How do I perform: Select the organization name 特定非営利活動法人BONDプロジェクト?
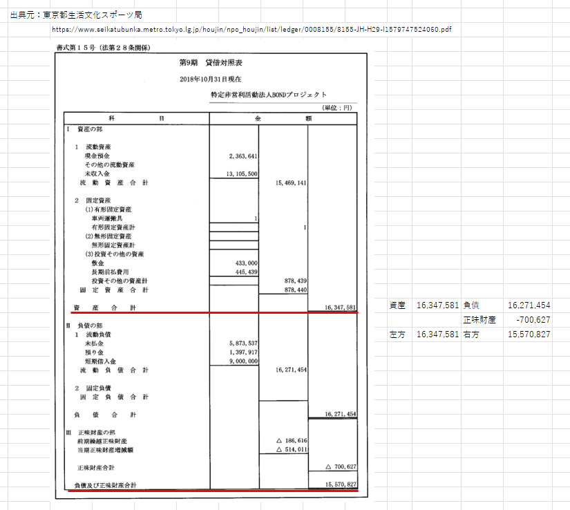tap(269, 95)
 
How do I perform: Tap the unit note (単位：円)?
tap(338, 108)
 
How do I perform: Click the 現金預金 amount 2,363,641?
tap(238, 156)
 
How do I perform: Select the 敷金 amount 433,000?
tap(243, 263)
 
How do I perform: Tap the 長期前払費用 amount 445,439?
tap(243, 272)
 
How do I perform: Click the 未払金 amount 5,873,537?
tap(238, 343)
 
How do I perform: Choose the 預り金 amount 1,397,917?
tap(238, 352)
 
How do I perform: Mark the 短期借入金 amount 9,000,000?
tap(238, 361)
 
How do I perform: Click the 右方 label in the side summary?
tap(471, 334)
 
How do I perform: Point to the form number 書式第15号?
tap(77, 48)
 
